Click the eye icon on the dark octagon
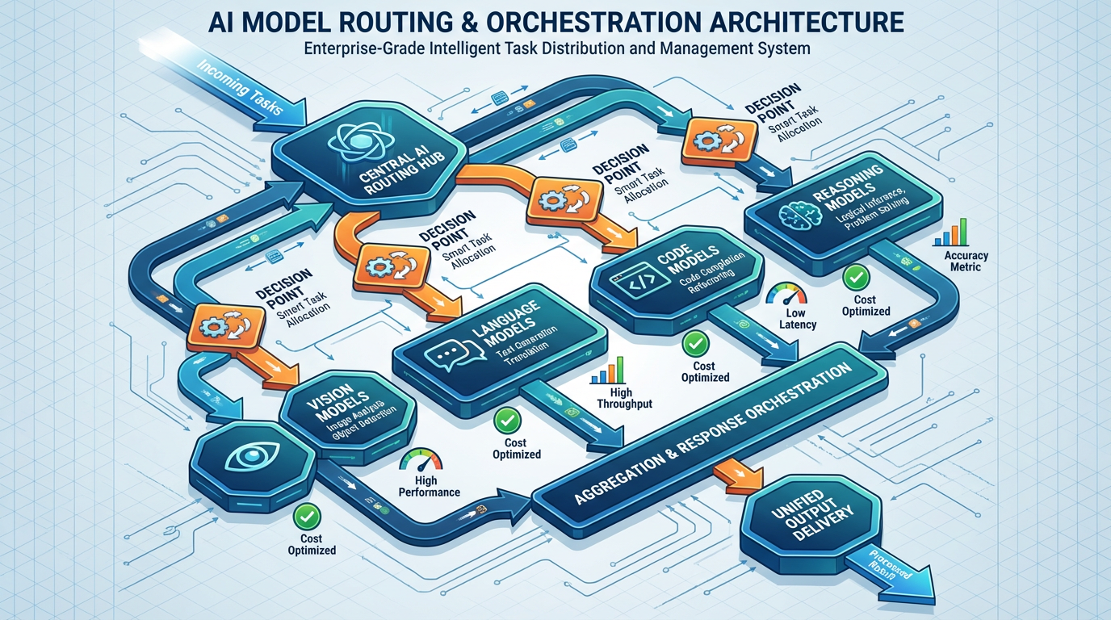pyautogui.click(x=245, y=458)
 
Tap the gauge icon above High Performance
pyautogui.click(x=420, y=463)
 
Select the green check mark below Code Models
pyautogui.click(x=694, y=345)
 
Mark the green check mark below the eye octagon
pyautogui.click(x=306, y=515)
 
